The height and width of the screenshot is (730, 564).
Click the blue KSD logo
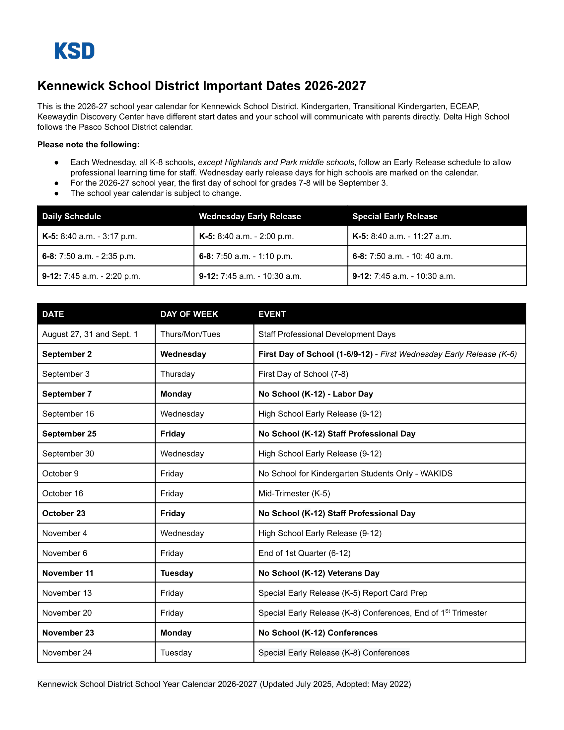tap(75, 51)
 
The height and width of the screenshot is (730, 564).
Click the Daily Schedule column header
tap(72, 216)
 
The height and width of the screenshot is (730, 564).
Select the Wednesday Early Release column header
tap(249, 216)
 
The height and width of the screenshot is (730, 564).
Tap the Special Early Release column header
tap(394, 216)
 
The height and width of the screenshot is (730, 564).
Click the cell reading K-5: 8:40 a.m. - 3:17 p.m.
tap(90, 236)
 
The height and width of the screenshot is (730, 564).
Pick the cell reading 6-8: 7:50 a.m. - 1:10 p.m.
tap(246, 256)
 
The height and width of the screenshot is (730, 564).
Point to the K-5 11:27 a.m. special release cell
tap(402, 236)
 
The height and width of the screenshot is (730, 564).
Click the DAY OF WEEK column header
tap(189, 314)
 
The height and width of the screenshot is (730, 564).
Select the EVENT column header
tap(272, 314)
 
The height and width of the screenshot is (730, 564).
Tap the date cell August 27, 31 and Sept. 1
tap(90, 334)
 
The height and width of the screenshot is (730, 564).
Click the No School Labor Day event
tap(316, 394)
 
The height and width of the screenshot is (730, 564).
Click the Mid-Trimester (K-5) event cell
tap(294, 494)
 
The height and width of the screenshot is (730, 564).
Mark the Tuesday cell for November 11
tap(177, 573)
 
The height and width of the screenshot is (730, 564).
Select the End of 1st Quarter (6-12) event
tap(304, 553)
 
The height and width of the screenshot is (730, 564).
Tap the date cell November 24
tap(67, 653)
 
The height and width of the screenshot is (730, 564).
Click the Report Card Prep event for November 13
tap(343, 593)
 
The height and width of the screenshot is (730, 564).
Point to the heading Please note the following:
tap(88, 145)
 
